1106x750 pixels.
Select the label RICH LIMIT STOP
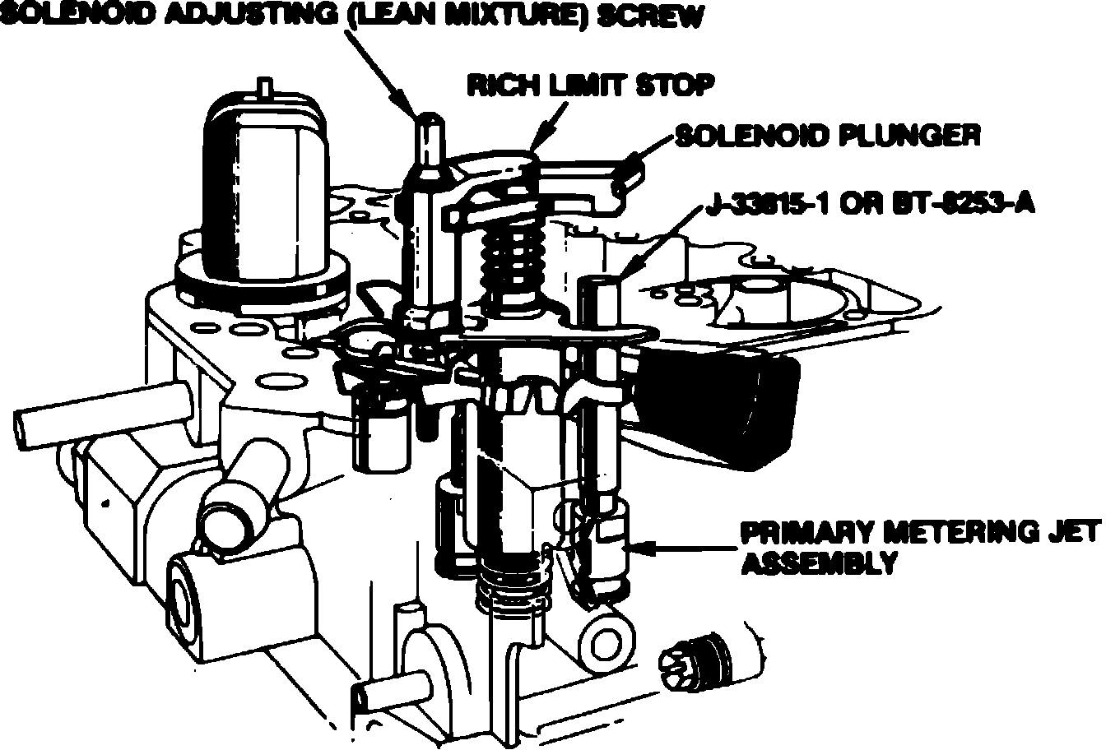coord(589,85)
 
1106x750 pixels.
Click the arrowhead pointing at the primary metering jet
coord(646,544)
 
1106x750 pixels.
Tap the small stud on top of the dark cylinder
coord(264,85)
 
